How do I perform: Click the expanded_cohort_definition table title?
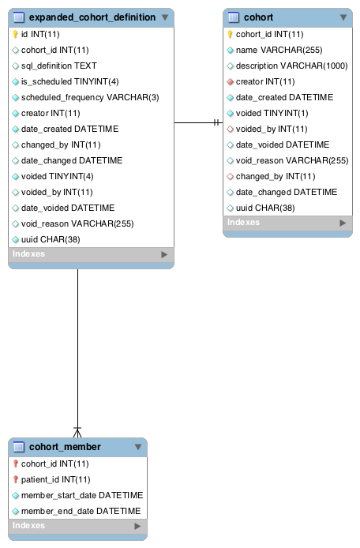tap(92, 17)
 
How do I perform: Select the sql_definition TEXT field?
tap(58, 66)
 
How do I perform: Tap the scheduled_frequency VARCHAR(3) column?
tap(90, 97)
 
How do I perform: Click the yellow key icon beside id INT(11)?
tap(15, 34)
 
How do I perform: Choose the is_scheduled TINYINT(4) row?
tap(70, 81)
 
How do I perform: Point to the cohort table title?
tap(258, 17)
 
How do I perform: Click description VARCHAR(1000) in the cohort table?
tap(291, 66)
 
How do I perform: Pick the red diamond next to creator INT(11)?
tap(230, 82)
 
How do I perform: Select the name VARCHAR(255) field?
tap(279, 50)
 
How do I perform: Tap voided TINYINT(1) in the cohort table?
tap(272, 113)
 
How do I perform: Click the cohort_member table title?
tap(65, 447)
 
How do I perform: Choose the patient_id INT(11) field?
tap(55, 479)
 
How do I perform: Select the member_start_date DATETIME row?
tap(82, 495)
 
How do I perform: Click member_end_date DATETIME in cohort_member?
tap(81, 511)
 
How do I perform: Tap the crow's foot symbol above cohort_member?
tap(77, 432)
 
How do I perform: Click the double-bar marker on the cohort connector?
tap(216, 122)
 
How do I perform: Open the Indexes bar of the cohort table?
tap(287, 223)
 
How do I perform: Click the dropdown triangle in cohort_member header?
tap(138, 447)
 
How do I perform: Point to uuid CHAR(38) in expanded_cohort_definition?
tap(51, 239)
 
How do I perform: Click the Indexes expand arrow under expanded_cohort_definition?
tap(164, 254)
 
